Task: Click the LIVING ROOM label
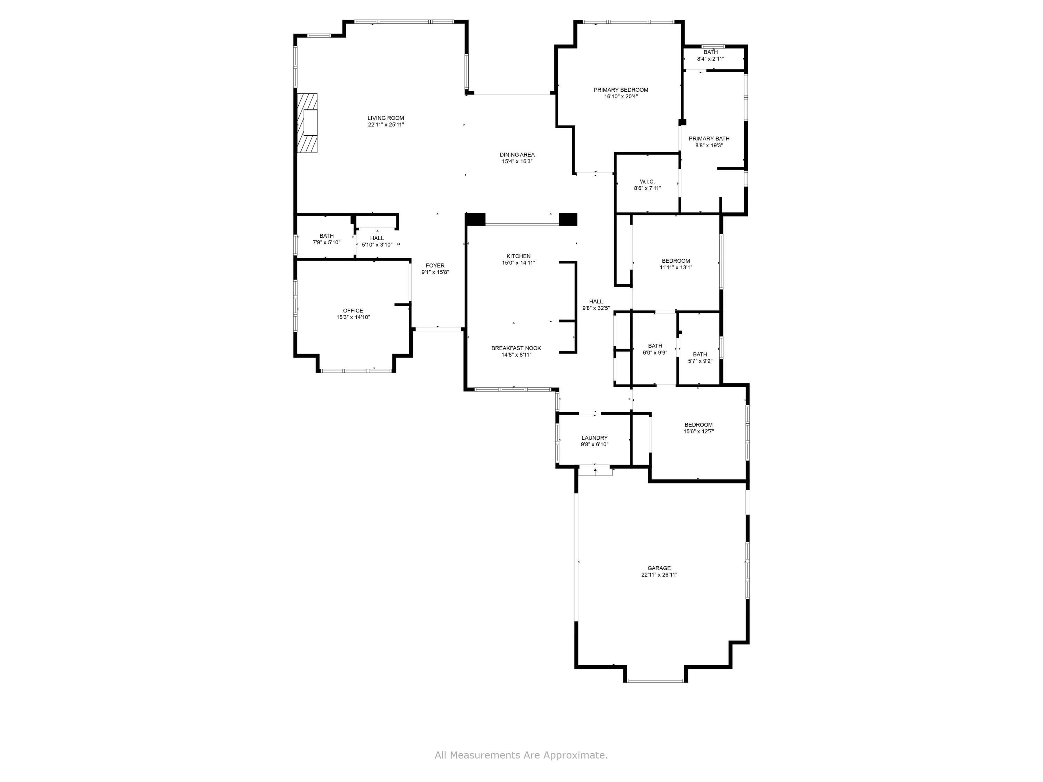(x=386, y=118)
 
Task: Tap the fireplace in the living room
(x=307, y=123)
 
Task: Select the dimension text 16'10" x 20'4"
(x=621, y=97)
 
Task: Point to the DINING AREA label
(x=517, y=155)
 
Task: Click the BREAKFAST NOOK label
(x=516, y=348)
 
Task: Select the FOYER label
(x=435, y=266)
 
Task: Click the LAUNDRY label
(x=594, y=438)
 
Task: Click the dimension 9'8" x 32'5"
(x=596, y=308)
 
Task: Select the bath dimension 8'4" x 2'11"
(x=710, y=59)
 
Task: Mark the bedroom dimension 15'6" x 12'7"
(x=698, y=431)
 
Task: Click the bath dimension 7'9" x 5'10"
(x=326, y=243)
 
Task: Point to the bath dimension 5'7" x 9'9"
(x=700, y=361)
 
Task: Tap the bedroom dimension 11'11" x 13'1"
(x=676, y=268)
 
